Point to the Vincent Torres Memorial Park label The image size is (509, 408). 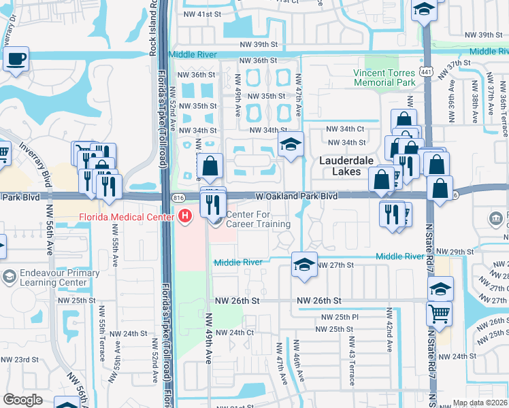point(384,78)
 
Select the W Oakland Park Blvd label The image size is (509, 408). point(297,196)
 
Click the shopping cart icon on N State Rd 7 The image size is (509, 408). point(440,313)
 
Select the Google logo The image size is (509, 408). point(23,400)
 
